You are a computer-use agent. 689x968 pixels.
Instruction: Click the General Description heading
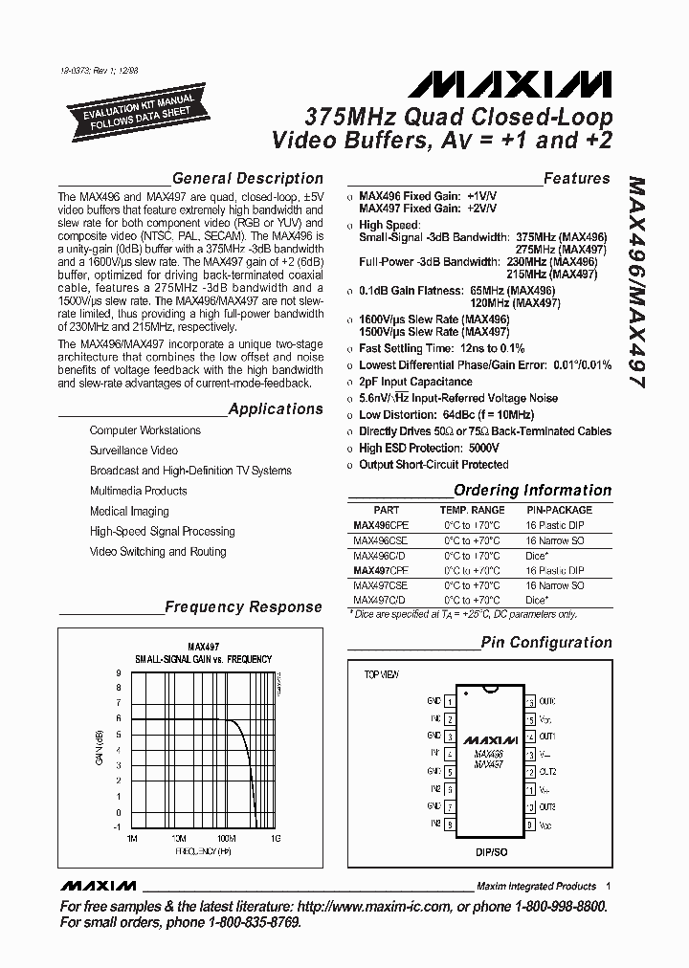[247, 178]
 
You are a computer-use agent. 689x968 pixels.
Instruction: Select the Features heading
[576, 178]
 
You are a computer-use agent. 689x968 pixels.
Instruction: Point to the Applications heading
[276, 409]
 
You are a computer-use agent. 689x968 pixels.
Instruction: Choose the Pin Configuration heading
[545, 643]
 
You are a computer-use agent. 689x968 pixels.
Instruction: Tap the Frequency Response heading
[243, 606]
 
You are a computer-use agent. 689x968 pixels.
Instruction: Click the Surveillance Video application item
[134, 451]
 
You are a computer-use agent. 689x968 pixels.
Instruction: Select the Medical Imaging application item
[129, 511]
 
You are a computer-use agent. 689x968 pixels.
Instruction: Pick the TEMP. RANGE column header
[472, 511]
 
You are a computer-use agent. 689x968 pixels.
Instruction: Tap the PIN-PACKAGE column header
[559, 511]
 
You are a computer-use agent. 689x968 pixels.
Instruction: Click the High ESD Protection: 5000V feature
[429, 448]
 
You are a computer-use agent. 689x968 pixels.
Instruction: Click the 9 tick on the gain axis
[118, 673]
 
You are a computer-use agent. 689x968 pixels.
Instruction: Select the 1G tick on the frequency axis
[275, 838]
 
